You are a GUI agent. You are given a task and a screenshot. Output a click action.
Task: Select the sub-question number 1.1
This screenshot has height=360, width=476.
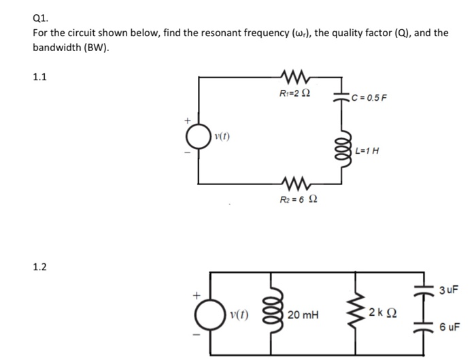[40, 77]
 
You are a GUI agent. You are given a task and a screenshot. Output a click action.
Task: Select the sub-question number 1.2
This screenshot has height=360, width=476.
[40, 267]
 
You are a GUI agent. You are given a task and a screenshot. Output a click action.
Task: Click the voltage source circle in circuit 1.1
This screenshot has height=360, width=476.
[199, 140]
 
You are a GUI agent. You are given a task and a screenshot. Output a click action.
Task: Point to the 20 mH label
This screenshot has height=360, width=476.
[303, 315]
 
